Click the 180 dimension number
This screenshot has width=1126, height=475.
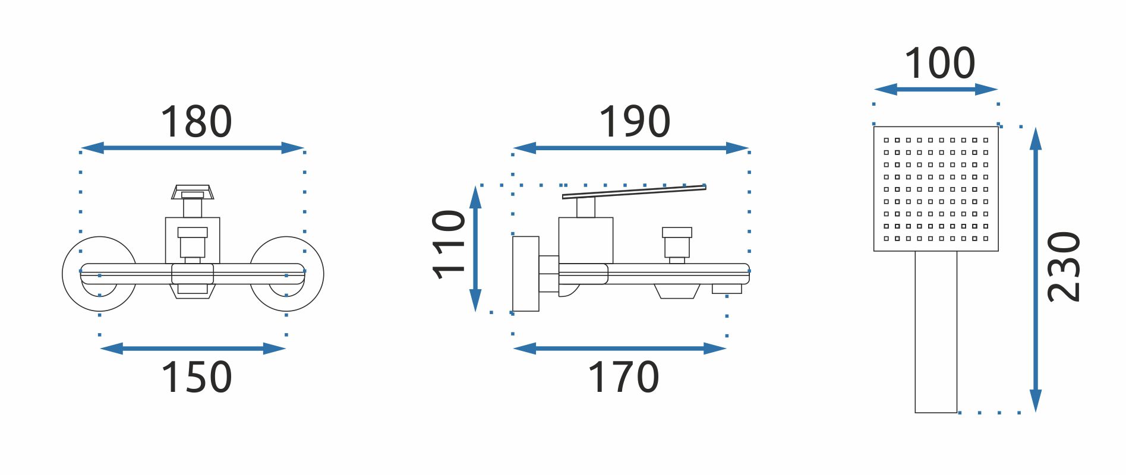pyautogui.click(x=196, y=122)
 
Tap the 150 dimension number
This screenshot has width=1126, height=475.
pyautogui.click(x=196, y=377)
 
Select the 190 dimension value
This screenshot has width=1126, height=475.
pyautogui.click(x=635, y=122)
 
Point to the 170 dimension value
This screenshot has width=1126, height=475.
pyautogui.click(x=623, y=377)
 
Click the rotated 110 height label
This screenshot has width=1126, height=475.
pyautogui.click(x=449, y=244)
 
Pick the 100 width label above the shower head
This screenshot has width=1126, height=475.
pyautogui.click(x=939, y=64)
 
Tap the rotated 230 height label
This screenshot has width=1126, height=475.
pyautogui.click(x=1064, y=267)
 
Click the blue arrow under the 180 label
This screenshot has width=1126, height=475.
pyautogui.click(x=193, y=148)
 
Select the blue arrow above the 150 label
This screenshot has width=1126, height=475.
pyautogui.click(x=193, y=349)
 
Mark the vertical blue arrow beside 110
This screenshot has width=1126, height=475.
pyautogui.click(x=475, y=248)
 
